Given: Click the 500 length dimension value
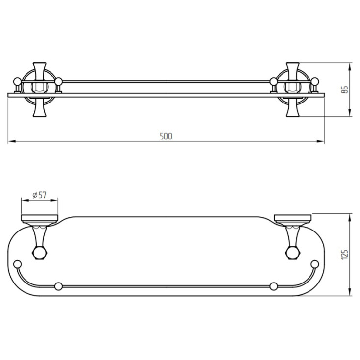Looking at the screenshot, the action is click(x=166, y=136).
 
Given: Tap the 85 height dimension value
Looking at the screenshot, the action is click(x=345, y=90).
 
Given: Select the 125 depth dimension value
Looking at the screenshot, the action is click(x=345, y=255).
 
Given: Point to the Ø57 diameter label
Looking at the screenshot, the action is click(x=39, y=195).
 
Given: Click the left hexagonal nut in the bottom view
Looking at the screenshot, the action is click(x=40, y=253).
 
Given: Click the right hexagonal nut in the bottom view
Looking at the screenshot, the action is click(x=293, y=253).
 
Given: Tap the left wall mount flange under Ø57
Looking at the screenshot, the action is click(x=40, y=220).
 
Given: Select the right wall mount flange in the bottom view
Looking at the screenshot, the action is click(x=293, y=220).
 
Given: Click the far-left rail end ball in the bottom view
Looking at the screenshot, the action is click(x=18, y=264).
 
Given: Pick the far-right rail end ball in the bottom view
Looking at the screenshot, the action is click(x=314, y=264).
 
